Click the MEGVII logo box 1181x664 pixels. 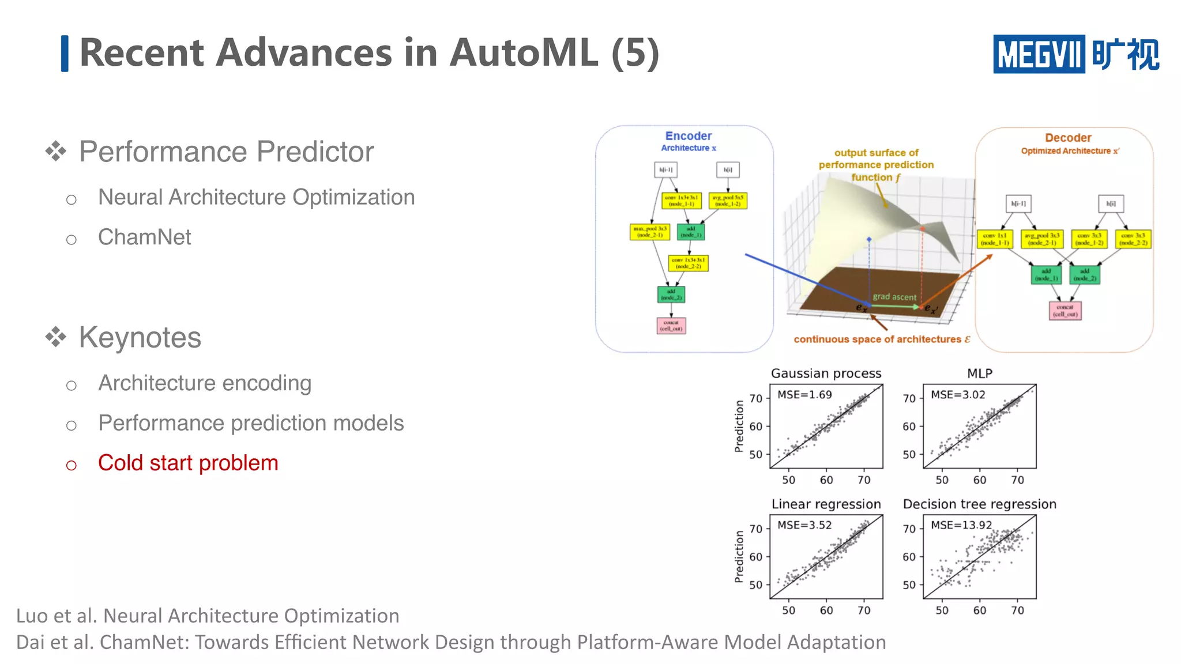(x=1039, y=54)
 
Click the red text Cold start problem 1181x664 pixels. (x=188, y=463)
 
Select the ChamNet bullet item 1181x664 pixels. (x=144, y=237)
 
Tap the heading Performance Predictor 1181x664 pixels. (x=226, y=152)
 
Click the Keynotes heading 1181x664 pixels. (x=140, y=337)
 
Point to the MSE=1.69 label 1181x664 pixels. (x=804, y=395)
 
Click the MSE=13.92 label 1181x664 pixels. (x=961, y=525)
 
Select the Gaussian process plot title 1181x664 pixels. (x=826, y=373)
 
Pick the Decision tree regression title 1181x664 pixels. (x=979, y=504)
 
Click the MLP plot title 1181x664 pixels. (x=979, y=373)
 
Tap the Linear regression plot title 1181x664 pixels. (x=826, y=504)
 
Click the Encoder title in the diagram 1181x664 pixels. (x=688, y=136)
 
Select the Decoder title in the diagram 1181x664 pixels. (x=1068, y=138)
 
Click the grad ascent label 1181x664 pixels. (x=894, y=297)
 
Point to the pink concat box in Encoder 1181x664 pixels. (x=671, y=326)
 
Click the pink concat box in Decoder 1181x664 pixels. (x=1065, y=311)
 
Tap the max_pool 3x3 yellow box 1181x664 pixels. (x=649, y=232)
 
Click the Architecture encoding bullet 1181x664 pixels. (x=205, y=383)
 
